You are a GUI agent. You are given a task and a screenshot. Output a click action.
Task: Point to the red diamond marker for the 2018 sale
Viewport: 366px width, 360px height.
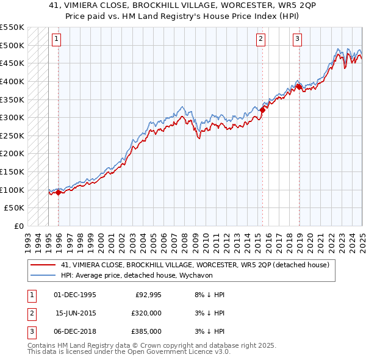299,87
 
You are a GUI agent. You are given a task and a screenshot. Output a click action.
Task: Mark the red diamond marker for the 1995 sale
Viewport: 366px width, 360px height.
58,192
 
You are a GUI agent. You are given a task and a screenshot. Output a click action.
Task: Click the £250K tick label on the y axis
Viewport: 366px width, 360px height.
12,135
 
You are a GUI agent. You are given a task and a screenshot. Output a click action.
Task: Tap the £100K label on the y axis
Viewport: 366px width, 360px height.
12,190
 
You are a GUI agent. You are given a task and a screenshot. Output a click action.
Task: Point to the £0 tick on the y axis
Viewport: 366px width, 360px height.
18,226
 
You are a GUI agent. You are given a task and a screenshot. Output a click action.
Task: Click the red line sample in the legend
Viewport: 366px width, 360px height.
43,265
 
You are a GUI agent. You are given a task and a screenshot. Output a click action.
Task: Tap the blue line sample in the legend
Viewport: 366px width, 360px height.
43,275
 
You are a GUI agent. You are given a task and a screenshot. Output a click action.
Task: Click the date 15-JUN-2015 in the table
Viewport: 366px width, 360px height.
75,313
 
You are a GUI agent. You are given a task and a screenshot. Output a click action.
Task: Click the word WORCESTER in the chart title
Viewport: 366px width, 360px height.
235,4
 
